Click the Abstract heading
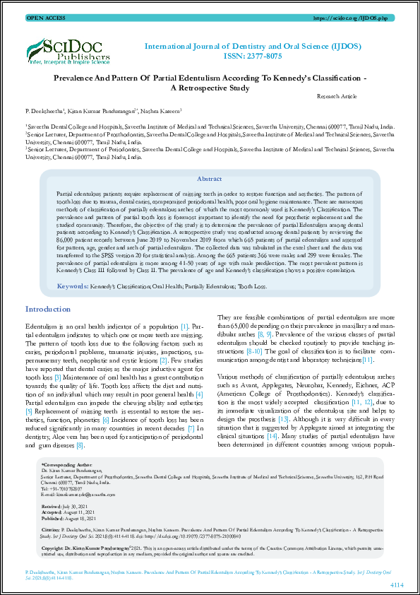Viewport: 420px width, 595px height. [x=209, y=179]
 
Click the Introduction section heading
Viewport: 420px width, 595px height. [x=48, y=310]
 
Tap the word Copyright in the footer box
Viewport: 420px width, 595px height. [x=54, y=547]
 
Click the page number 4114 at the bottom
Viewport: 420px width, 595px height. [x=397, y=584]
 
